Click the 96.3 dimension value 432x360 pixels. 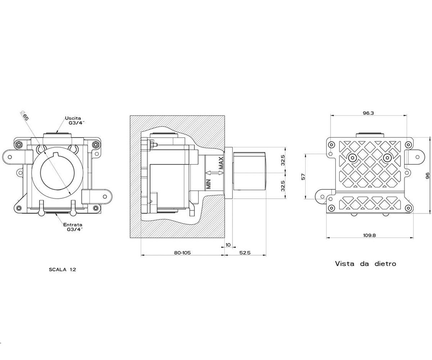coord(369,113)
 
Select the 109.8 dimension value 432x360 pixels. coord(369,235)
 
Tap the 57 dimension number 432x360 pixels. coord(303,177)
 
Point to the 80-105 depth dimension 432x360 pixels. coord(182,253)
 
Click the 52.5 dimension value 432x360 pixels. coord(245,253)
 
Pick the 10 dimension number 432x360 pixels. coord(228,245)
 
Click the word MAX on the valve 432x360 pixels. coord(221,163)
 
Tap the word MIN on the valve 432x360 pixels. coord(208,184)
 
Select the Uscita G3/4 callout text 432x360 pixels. coord(75,120)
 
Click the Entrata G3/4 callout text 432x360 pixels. coord(73,227)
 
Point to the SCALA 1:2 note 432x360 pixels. coord(63,270)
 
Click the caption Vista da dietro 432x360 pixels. coord(366,264)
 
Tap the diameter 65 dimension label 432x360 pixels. coord(25,116)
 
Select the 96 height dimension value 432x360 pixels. coord(428,176)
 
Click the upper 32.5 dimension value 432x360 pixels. coord(283,160)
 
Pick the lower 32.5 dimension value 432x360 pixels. coord(283,186)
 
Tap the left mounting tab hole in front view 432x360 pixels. coord(10,157)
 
